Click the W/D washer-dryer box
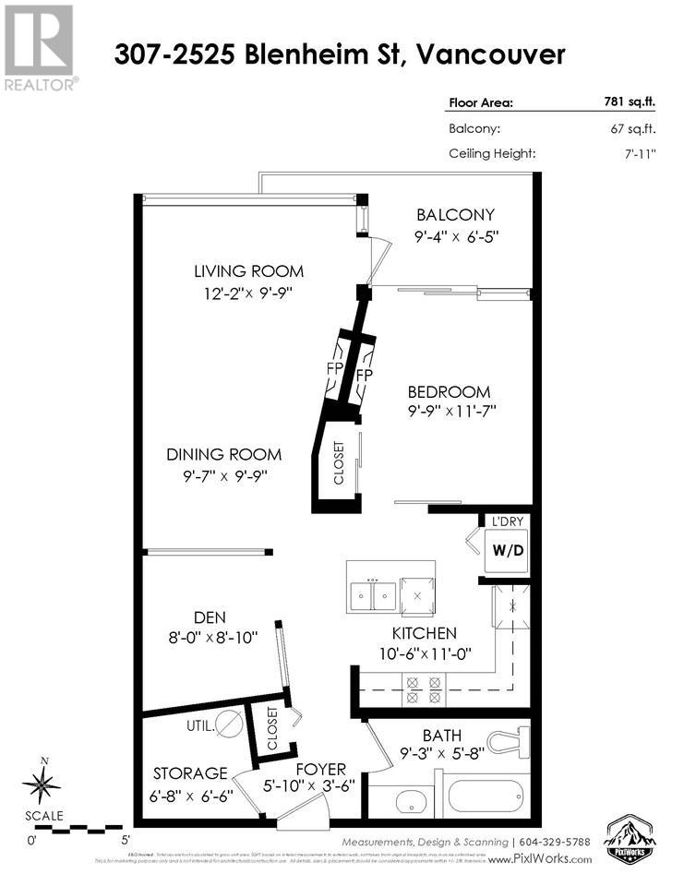507,551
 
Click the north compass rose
42,785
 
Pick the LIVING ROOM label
248,271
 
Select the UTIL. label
200,725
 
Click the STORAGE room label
191,772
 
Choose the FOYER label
319,769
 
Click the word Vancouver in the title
490,54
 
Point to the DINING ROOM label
223,455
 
